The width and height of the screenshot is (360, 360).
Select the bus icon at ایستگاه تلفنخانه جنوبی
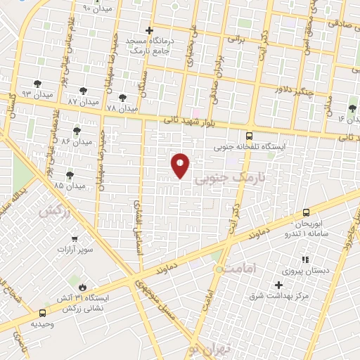point(249,136)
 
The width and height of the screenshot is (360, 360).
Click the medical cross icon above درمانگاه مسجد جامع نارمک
point(149,30)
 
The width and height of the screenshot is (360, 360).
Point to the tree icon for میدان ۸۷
point(84,90)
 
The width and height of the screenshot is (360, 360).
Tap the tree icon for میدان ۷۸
point(123,98)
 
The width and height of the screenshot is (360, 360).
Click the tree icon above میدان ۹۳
point(37,83)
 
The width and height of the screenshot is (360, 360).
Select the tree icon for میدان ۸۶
point(77,131)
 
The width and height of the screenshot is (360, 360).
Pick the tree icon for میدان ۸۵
point(70,174)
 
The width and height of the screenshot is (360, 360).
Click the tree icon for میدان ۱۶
point(352,108)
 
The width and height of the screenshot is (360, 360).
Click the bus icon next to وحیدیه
point(43,313)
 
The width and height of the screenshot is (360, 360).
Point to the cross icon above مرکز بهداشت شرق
point(279,285)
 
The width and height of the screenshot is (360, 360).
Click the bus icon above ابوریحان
point(306,212)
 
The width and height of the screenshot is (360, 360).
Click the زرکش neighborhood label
point(56,212)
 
